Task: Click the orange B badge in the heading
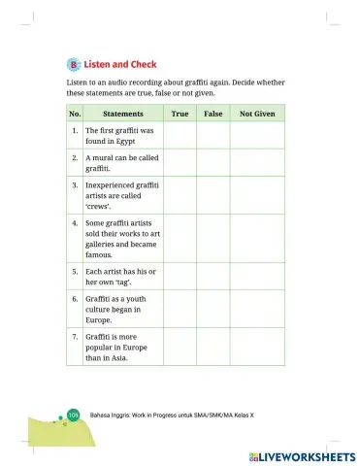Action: (x=74, y=63)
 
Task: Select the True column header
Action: (x=180, y=114)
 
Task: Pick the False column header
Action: (x=213, y=114)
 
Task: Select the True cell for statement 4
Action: (x=180, y=239)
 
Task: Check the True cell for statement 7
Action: (x=180, y=347)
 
